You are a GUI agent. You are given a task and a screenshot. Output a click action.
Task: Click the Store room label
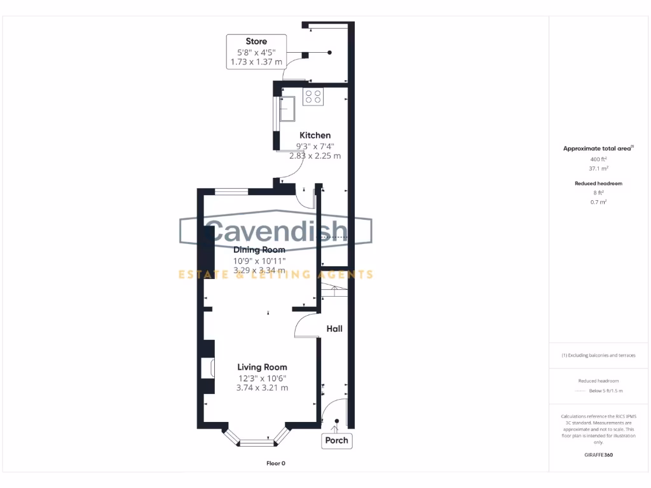click(x=256, y=41)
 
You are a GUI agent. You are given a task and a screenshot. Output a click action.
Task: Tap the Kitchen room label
click(x=315, y=135)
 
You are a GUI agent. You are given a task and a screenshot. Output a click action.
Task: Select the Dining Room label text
click(x=259, y=250)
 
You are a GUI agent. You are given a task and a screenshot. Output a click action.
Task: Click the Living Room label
click(x=262, y=367)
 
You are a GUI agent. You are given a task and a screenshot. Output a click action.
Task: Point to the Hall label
click(x=334, y=329)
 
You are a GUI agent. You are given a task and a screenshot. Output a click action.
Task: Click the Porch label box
click(x=336, y=440)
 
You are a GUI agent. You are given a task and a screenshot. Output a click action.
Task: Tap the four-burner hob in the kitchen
click(x=313, y=97)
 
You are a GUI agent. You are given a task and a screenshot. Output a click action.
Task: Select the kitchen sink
click(x=286, y=108)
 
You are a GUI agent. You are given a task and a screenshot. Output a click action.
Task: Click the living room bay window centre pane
click(x=257, y=442)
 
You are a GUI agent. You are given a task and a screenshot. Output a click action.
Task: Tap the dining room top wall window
click(x=231, y=191)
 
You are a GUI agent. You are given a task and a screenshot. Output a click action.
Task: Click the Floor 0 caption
click(x=275, y=463)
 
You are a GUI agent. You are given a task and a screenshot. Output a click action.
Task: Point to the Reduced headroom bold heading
click(x=598, y=183)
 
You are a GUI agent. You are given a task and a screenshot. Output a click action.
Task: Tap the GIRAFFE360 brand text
click(x=598, y=455)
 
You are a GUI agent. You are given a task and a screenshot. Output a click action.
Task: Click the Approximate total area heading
click(x=597, y=149)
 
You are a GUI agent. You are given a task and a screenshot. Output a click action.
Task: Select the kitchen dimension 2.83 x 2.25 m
click(x=314, y=156)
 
